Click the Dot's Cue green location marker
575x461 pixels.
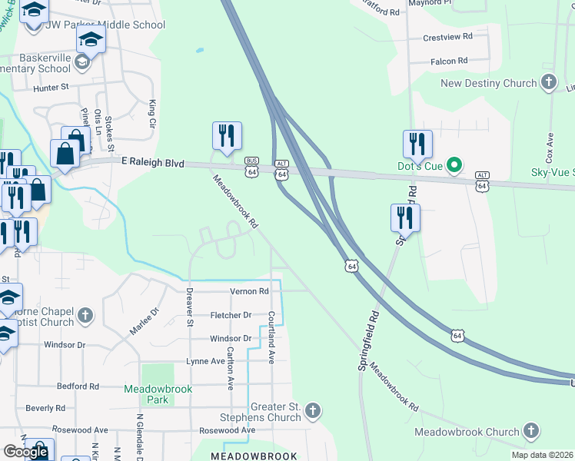click(x=454, y=164)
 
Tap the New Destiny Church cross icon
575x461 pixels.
click(x=549, y=82)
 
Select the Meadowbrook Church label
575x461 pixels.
click(x=467, y=432)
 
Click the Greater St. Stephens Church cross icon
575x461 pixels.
click(x=313, y=411)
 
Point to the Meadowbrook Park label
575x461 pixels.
click(x=158, y=394)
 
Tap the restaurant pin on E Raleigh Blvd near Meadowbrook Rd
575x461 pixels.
click(x=227, y=136)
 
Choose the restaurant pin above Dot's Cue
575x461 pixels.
click(x=417, y=144)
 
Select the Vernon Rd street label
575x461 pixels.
click(x=249, y=291)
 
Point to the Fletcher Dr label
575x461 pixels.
click(x=231, y=315)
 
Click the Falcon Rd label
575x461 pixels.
click(x=450, y=61)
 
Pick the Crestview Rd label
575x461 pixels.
click(x=446, y=38)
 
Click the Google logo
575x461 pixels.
click(x=26, y=452)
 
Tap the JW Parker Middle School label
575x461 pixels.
click(x=105, y=25)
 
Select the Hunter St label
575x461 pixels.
click(x=52, y=88)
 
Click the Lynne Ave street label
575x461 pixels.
click(x=204, y=361)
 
